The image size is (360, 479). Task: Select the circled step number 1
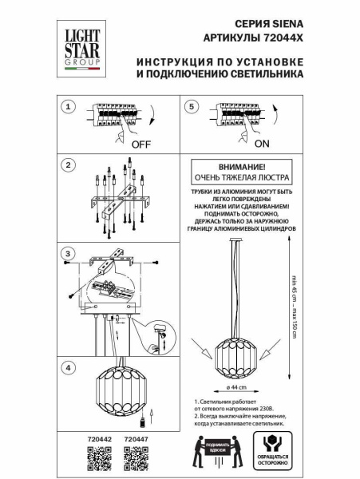pos(68,106)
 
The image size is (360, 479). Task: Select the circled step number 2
pos(68,166)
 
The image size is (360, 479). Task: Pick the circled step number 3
pos(68,254)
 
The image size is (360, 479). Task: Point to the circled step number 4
pos(68,367)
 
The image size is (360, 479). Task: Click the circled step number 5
pos(191,106)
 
